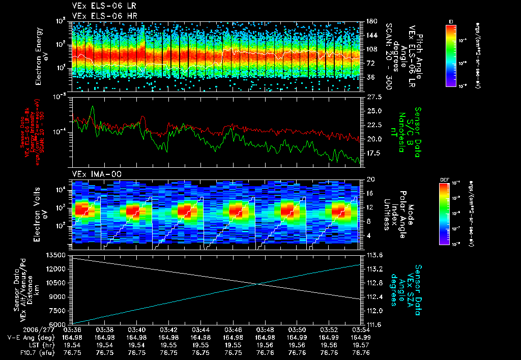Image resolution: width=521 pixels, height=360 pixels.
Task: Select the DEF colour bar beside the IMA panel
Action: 445,214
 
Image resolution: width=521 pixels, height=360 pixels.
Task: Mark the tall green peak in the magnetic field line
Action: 93,107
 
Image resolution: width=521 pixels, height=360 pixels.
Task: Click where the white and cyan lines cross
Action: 259,284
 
